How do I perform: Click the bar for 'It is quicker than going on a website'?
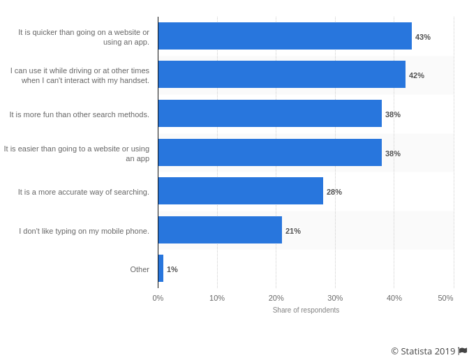pos(285,36)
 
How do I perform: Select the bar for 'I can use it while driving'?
pos(281,75)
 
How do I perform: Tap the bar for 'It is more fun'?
pos(269,114)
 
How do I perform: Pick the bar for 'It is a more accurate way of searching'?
pos(240,191)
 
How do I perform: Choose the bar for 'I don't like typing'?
pos(220,230)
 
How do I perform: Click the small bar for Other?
pos(161,269)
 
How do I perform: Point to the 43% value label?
pos(423,37)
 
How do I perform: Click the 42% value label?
pos(417,75)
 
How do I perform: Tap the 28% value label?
pos(334,192)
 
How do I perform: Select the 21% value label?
pos(293,231)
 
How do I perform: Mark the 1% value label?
pos(172,269)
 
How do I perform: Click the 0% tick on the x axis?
pos(158,298)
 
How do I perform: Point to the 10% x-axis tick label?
pos(217,298)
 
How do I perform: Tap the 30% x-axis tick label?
pos(335,298)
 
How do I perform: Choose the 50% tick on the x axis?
pos(445,298)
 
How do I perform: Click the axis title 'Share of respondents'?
pos(306,310)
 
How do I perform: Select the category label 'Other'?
pos(140,269)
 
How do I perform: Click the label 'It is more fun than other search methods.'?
pos(80,114)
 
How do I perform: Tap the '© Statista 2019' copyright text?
pos(423,351)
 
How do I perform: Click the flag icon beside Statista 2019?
pos(463,351)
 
